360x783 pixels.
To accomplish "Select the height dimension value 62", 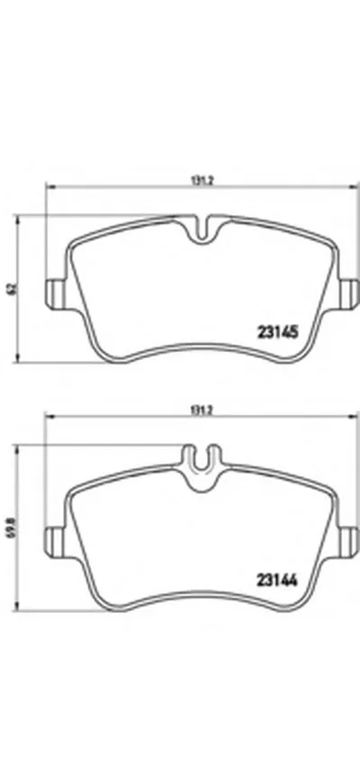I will (11, 288).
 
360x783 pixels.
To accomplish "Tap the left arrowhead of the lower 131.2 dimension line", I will (49, 418).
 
